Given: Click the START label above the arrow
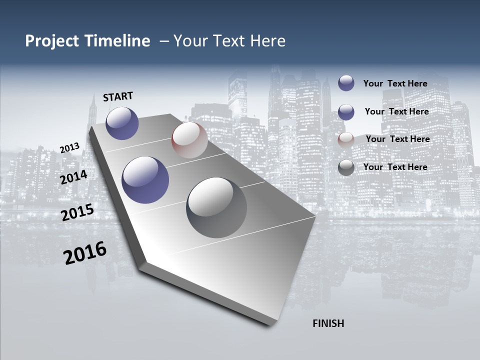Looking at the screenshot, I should tap(118, 96).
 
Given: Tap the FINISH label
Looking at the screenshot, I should tap(328, 323).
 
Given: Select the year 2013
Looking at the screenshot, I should tap(69, 148).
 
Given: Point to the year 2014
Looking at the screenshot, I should tap(73, 177).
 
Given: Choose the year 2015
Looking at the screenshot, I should tap(77, 212).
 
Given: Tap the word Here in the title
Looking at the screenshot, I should tap(267, 41).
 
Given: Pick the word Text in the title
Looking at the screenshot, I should tap(229, 41).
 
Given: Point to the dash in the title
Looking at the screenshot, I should tap(163, 41).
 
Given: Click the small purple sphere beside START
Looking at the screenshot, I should tap(122, 123).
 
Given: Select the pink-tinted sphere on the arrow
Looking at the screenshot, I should tap(189, 140).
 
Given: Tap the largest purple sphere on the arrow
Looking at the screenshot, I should tap(145, 180).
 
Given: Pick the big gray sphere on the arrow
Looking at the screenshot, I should tap(216, 207).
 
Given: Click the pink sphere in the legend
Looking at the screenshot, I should tap(346, 139).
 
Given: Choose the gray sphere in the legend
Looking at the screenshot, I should tap(346, 167).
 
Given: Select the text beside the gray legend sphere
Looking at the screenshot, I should tap(395, 167).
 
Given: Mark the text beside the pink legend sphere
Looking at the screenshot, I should tap(397, 139).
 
